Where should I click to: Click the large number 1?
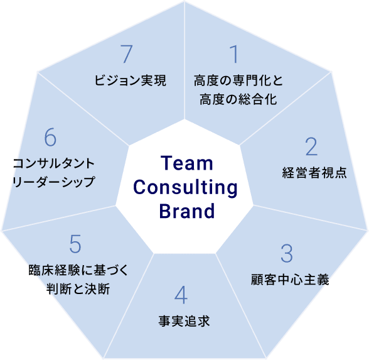click(x=235, y=54)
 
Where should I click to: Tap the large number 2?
click(x=311, y=146)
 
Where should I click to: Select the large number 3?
click(x=287, y=254)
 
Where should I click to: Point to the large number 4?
click(x=181, y=295)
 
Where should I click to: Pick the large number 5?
click(x=75, y=244)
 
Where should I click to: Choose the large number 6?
click(x=50, y=137)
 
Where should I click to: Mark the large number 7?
click(x=127, y=54)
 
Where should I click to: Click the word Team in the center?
click(x=187, y=163)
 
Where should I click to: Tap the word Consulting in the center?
click(x=186, y=188)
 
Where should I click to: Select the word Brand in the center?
click(x=187, y=211)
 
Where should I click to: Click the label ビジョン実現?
click(x=130, y=80)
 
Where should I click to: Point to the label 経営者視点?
click(x=314, y=172)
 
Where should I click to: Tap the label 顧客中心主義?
click(x=290, y=280)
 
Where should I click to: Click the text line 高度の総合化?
click(x=238, y=99)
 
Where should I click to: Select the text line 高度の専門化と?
click(x=238, y=80)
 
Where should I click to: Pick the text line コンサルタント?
click(x=54, y=163)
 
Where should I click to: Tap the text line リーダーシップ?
click(x=54, y=182)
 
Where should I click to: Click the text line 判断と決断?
click(x=78, y=289)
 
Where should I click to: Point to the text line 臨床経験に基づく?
click(x=78, y=270)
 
